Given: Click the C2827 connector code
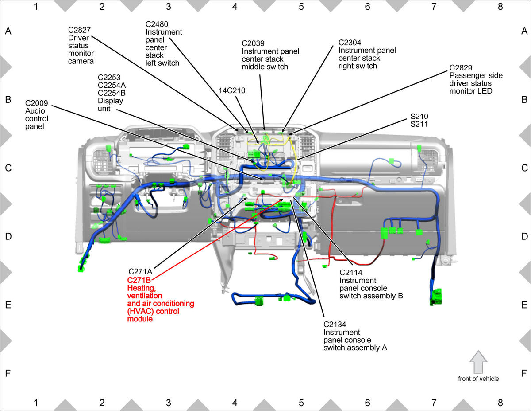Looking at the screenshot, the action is pos(79,30).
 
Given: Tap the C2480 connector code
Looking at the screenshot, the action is pos(157,24).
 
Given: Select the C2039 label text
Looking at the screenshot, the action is pos(253,43).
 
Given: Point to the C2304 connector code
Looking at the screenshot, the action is pos(350,43).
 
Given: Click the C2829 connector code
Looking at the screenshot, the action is pos(461,67).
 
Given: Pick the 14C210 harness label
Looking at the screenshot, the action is pos(232,90).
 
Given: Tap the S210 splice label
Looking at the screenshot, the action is pos(419,116).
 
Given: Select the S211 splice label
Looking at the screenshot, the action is pos(419,124).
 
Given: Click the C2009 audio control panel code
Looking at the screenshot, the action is pos(36,103).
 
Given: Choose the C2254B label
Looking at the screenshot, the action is pos(112,93).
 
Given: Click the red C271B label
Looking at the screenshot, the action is pos(139,280).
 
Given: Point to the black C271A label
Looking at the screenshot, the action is pos(140,271).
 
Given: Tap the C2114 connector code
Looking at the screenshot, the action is pos(351,273).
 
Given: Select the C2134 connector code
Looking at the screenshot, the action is pos(335,325).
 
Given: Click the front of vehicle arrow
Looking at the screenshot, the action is pos(478,362).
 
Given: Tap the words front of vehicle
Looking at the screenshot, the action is pos(478,379).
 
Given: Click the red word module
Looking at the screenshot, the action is pos(140,319).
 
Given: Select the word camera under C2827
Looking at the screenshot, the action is pos(81,61).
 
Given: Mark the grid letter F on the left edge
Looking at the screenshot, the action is pos(8,373).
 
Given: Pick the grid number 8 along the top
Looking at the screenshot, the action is pos(500,7).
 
